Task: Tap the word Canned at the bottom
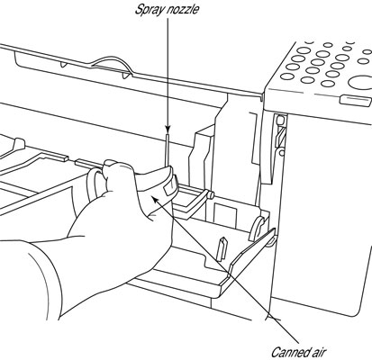click(x=290, y=352)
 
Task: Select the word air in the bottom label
click(x=319, y=353)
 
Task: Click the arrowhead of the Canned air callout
click(x=155, y=199)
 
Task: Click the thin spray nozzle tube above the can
click(x=167, y=150)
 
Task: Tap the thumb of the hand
click(x=118, y=174)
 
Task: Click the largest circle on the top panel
click(x=361, y=82)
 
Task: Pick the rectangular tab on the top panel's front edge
click(x=354, y=100)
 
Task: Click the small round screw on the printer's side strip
click(x=282, y=153)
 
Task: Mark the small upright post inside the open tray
click(x=222, y=248)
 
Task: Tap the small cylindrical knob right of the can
click(x=211, y=195)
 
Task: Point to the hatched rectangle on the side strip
click(x=280, y=137)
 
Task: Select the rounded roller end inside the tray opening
click(x=258, y=229)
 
